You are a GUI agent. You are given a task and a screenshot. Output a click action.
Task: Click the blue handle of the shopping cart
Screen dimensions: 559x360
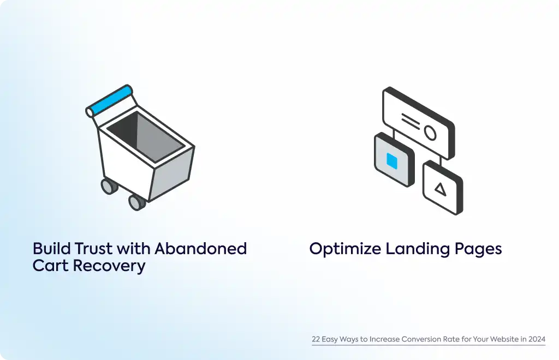coord(110,100)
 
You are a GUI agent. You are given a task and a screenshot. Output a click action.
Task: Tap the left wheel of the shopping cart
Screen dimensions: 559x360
coord(109,186)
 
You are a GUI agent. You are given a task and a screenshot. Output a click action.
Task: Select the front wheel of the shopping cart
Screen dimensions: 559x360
coord(136,202)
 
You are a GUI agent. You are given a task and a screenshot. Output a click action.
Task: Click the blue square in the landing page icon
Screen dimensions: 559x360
coord(392,161)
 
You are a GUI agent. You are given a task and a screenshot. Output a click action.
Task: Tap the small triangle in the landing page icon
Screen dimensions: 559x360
coord(441,189)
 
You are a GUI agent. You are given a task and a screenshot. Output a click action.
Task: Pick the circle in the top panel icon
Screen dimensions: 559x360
coord(430,133)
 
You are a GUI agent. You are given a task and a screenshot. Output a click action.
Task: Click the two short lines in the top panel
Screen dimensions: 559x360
coord(411,121)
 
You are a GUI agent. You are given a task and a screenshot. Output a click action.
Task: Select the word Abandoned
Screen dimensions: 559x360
coord(201,249)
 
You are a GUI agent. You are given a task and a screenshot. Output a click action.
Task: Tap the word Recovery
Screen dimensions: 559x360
coord(109,266)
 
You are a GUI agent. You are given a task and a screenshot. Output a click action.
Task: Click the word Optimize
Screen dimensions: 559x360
coord(345,249)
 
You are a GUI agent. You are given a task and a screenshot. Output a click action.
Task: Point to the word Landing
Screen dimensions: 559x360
coord(418,249)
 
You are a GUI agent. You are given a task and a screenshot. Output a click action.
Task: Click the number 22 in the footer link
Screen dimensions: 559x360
coord(316,339)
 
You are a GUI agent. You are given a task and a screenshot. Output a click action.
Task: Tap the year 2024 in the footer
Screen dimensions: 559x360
coord(537,339)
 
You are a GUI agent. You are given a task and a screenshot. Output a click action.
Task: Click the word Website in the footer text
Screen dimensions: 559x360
coord(504,339)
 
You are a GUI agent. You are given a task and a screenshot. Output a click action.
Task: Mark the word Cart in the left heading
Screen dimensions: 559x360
coord(51,266)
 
